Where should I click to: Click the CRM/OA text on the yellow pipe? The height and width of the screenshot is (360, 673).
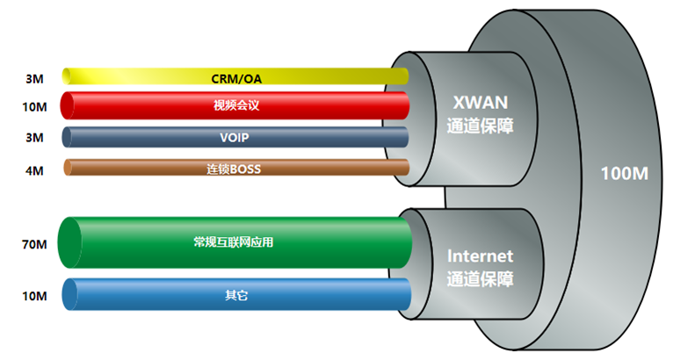[236, 79]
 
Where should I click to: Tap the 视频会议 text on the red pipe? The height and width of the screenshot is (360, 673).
[236, 105]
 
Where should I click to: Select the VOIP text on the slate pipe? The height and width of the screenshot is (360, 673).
[235, 137]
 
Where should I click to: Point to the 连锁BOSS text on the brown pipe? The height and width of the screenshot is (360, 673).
[234, 169]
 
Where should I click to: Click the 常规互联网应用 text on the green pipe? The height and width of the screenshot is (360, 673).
[233, 242]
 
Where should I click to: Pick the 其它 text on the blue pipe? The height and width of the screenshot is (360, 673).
[236, 295]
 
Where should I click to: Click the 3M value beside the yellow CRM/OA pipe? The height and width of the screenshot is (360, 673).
[34, 79]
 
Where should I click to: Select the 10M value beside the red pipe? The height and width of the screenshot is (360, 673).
[34, 106]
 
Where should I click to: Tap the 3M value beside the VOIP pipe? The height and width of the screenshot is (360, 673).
[34, 138]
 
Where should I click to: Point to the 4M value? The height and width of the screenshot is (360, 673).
[34, 170]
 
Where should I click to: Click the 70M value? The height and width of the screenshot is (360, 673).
[34, 244]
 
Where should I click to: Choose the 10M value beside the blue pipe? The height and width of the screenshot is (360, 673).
[34, 296]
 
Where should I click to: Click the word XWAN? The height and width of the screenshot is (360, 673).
[481, 103]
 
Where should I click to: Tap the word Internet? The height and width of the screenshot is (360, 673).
[480, 256]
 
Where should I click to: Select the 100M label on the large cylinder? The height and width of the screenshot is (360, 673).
[624, 174]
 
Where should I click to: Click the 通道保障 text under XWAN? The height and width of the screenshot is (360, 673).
[480, 126]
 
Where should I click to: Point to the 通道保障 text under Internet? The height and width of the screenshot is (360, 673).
[480, 279]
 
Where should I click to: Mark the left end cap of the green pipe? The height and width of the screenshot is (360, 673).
[69, 243]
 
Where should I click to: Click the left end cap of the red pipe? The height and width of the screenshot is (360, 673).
[67, 105]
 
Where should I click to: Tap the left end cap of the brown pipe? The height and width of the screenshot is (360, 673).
[68, 168]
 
